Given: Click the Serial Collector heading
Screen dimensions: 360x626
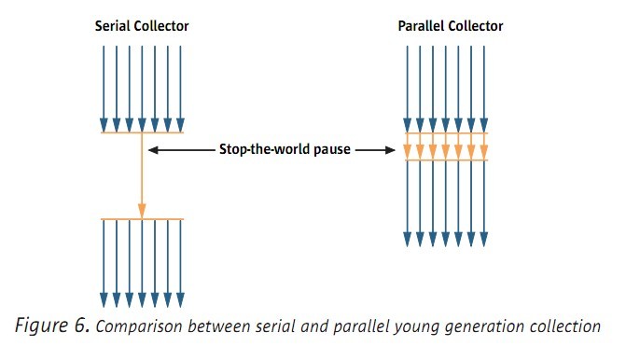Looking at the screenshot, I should [142, 26].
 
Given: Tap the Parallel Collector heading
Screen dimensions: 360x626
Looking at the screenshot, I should [450, 26].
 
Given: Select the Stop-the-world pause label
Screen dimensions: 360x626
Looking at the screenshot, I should [285, 149].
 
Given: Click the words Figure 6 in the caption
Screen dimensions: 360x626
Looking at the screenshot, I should [51, 325].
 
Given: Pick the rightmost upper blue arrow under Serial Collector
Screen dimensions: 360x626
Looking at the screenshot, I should [180, 84].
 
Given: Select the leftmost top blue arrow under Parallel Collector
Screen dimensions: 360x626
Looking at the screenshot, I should [407, 84].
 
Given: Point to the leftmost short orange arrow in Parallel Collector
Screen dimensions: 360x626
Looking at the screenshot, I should [407, 146].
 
